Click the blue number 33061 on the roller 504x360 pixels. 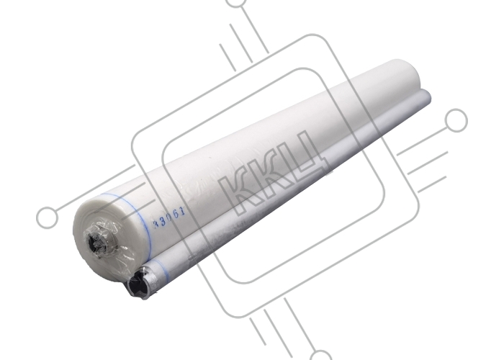coord(170,217)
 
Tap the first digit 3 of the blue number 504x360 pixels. coord(157,223)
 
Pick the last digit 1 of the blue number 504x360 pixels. coord(184,211)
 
